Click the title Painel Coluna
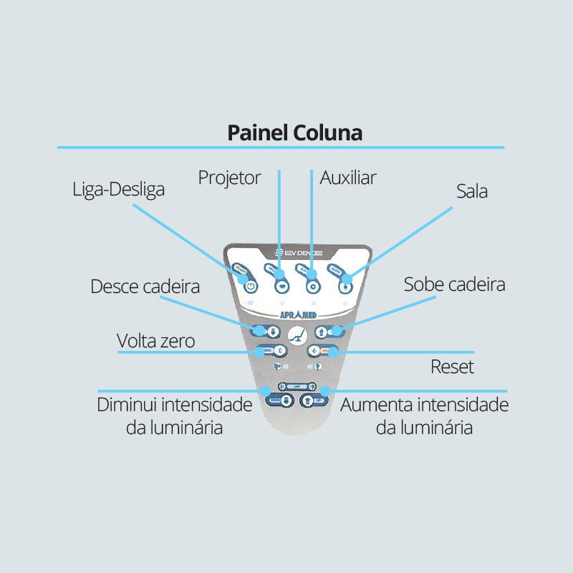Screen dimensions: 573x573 294,133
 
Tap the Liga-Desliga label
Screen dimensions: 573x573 119,190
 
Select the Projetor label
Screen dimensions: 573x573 230,177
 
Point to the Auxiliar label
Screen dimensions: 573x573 348,177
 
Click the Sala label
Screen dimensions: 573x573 472,191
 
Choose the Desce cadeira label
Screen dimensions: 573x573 145,286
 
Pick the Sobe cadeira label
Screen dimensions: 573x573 454,284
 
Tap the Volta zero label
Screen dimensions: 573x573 155,341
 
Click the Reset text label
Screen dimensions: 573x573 452,367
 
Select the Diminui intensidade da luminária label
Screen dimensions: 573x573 174,416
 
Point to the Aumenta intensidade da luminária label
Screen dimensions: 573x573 424,416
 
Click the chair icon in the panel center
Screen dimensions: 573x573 296,334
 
